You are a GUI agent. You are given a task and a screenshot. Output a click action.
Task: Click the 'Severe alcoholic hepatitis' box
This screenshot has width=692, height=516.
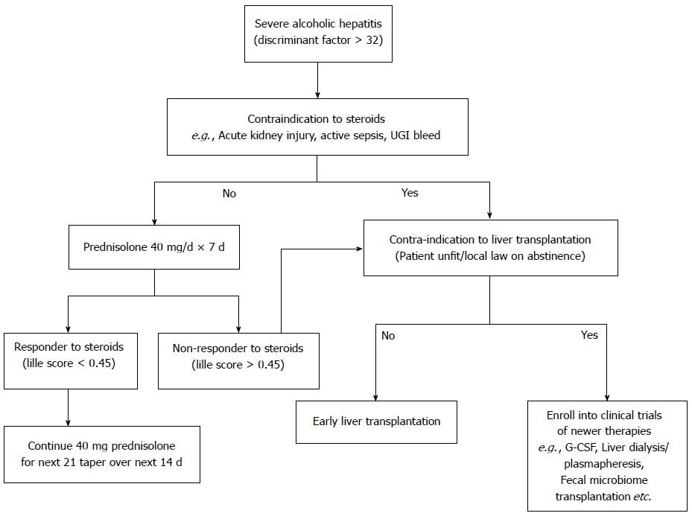point(318,34)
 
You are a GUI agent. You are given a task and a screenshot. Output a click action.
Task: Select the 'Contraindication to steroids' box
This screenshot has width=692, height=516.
point(317,127)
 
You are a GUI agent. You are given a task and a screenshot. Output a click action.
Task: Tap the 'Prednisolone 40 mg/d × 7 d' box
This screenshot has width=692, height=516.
point(154,247)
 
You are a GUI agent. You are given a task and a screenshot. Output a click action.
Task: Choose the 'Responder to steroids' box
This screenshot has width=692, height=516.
point(71,361)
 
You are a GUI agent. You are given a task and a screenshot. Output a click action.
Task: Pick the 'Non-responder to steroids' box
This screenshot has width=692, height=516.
point(238,361)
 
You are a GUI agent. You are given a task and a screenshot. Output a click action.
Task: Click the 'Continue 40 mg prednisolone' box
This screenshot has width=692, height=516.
point(102,454)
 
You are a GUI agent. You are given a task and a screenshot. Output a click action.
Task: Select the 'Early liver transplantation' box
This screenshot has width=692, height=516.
point(376,422)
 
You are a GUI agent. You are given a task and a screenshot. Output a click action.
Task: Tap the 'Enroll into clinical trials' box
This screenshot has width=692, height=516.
point(607,456)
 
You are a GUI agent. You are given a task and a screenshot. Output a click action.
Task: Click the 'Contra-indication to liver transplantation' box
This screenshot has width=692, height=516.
point(491,248)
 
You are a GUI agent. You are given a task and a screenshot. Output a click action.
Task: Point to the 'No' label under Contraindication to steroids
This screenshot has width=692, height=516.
point(229,194)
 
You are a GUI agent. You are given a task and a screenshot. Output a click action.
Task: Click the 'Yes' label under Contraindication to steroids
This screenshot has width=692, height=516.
point(410,193)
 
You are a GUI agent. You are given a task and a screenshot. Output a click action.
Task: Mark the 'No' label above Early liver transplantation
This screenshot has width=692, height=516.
point(388,336)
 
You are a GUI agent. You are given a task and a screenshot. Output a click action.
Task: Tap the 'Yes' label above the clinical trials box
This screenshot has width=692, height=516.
point(589,335)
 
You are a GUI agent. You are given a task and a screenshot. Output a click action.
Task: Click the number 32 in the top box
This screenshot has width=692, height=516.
point(372,40)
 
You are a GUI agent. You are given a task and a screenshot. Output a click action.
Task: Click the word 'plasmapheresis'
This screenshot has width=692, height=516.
point(603,464)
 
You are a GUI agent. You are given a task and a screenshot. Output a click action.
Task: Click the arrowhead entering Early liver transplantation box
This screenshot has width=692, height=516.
point(375,397)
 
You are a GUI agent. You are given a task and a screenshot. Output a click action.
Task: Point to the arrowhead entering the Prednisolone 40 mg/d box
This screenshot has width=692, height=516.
point(154,221)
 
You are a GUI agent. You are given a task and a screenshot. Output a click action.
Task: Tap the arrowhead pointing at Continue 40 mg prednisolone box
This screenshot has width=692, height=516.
point(68,422)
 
